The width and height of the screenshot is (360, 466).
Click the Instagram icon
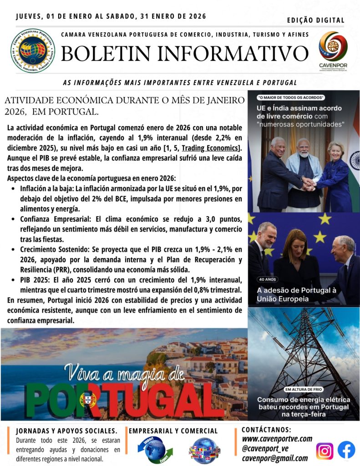point(325,451)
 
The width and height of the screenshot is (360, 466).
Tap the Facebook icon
point(346,450)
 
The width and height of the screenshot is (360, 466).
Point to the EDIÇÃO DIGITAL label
point(316,20)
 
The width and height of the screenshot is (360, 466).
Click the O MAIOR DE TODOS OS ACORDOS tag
point(291,97)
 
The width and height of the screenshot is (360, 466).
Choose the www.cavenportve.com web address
point(277,439)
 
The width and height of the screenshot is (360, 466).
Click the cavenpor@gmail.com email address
point(274,458)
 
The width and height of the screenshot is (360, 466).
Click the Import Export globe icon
point(155,450)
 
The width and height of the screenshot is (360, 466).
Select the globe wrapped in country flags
point(204,451)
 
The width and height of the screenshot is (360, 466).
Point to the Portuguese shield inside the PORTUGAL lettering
point(87,400)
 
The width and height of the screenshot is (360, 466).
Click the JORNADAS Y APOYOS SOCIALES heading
point(66,430)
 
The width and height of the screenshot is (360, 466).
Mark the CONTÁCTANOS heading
point(266,429)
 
